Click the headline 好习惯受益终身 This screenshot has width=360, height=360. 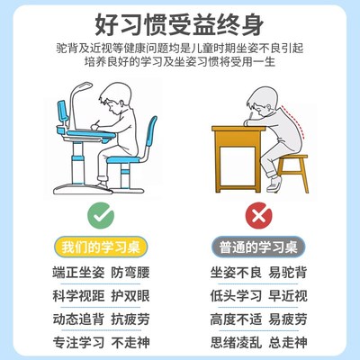(180, 22)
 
